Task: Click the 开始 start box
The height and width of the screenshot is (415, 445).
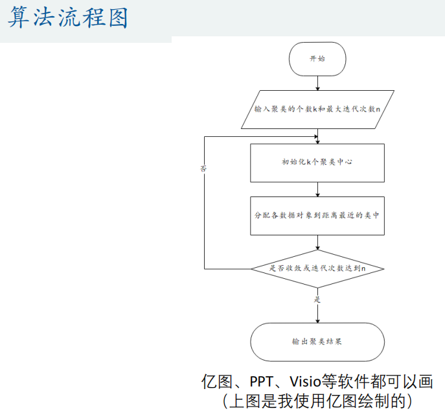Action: pyautogui.click(x=317, y=58)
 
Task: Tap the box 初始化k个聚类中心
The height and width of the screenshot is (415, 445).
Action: pyautogui.click(x=317, y=162)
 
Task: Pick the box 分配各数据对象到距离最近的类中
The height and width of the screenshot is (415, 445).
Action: pyautogui.click(x=317, y=215)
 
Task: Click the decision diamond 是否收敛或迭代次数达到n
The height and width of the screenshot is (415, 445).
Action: pyautogui.click(x=317, y=268)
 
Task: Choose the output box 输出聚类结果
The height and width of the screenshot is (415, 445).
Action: pyautogui.click(x=317, y=341)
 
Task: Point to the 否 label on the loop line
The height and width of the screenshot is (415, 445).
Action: pyautogui.click(x=204, y=168)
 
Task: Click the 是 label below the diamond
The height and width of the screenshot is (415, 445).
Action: pyautogui.click(x=317, y=300)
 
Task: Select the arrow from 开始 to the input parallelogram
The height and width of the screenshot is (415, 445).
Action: pyautogui.click(x=317, y=82)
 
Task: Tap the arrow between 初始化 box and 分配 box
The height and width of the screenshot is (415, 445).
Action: pyautogui.click(x=317, y=189)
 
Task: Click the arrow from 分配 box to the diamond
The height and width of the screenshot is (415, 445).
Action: pyautogui.click(x=317, y=243)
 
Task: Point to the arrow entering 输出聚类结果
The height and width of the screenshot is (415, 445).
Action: pyautogui.click(x=317, y=314)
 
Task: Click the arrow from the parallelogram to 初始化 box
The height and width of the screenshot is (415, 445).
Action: pyautogui.click(x=317, y=135)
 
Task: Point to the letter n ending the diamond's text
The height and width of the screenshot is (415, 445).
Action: pyautogui.click(x=363, y=268)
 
